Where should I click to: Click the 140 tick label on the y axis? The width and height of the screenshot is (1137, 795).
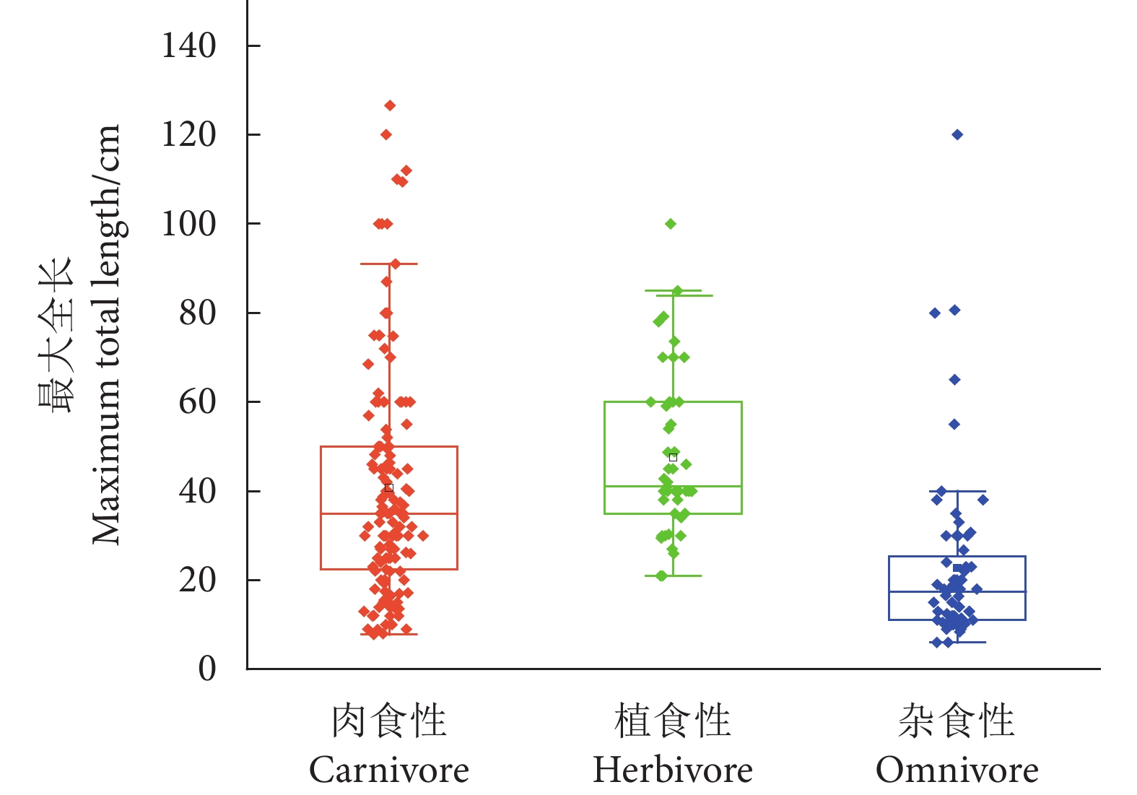tap(188, 46)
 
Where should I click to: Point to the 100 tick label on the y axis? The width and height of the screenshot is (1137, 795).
tap(188, 224)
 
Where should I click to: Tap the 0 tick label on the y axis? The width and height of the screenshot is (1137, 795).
tap(207, 669)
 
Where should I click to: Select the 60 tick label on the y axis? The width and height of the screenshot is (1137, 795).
tap(197, 402)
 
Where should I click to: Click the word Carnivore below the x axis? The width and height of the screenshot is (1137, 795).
tap(389, 770)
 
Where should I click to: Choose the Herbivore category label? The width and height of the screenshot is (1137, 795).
tap(673, 770)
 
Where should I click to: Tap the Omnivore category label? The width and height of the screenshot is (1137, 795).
tap(957, 770)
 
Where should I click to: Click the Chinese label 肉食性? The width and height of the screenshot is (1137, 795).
tap(389, 721)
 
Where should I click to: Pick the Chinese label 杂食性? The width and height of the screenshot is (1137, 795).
tap(957, 721)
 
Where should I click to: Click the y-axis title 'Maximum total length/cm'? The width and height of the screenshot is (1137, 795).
tap(106, 335)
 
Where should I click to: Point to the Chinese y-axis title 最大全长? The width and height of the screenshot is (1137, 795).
tap(56, 335)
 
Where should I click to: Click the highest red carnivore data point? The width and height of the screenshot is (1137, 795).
tap(390, 106)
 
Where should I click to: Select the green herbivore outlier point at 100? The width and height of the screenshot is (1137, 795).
tap(671, 224)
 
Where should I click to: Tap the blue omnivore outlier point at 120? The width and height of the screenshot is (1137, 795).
tap(957, 135)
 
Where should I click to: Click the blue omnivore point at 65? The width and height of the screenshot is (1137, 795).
tap(954, 380)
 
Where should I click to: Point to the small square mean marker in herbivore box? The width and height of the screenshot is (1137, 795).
tap(673, 457)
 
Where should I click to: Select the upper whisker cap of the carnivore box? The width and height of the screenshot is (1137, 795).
tap(389, 264)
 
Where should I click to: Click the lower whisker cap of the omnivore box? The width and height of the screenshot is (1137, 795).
tap(957, 643)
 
